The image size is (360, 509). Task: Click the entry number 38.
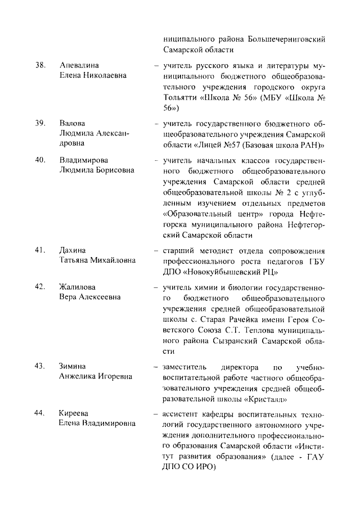39,65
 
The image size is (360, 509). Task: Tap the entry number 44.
39,413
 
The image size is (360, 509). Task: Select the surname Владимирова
84,160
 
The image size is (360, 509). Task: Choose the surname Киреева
75,413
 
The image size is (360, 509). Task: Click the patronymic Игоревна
112,376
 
